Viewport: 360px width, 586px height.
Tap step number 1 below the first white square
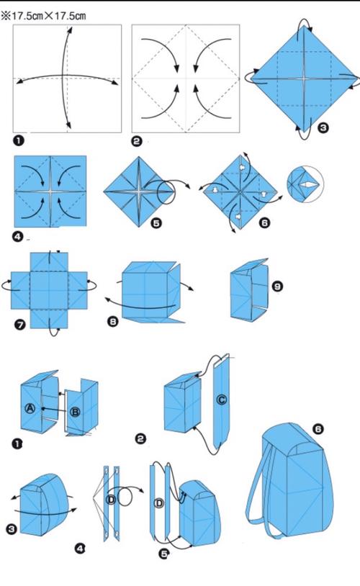(17, 141)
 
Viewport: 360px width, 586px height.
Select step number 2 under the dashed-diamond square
(137, 141)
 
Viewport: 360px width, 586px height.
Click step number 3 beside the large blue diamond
(323, 128)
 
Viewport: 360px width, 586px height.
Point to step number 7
(20, 324)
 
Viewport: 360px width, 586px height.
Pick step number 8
(113, 321)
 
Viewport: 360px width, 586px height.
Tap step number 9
(277, 287)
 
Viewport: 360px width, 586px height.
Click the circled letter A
(30, 408)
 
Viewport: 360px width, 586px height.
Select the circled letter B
(75, 413)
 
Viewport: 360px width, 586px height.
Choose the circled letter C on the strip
(221, 400)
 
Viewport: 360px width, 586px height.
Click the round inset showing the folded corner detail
(305, 184)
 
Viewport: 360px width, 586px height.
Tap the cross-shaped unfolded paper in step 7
(49, 290)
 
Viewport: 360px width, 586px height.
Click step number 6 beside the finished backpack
(318, 428)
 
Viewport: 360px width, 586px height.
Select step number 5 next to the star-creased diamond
(156, 223)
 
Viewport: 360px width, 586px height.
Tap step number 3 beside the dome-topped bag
(12, 529)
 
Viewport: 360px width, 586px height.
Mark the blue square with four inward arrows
(50, 191)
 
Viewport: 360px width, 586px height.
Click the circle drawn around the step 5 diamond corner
(166, 193)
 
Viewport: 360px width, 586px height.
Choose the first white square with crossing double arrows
(67, 78)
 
